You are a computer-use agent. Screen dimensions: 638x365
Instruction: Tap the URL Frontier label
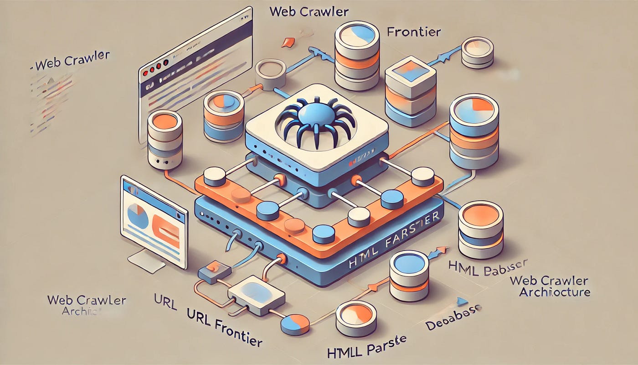click(x=224, y=327)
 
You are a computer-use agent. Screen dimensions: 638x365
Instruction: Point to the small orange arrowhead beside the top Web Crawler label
click(x=286, y=43)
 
